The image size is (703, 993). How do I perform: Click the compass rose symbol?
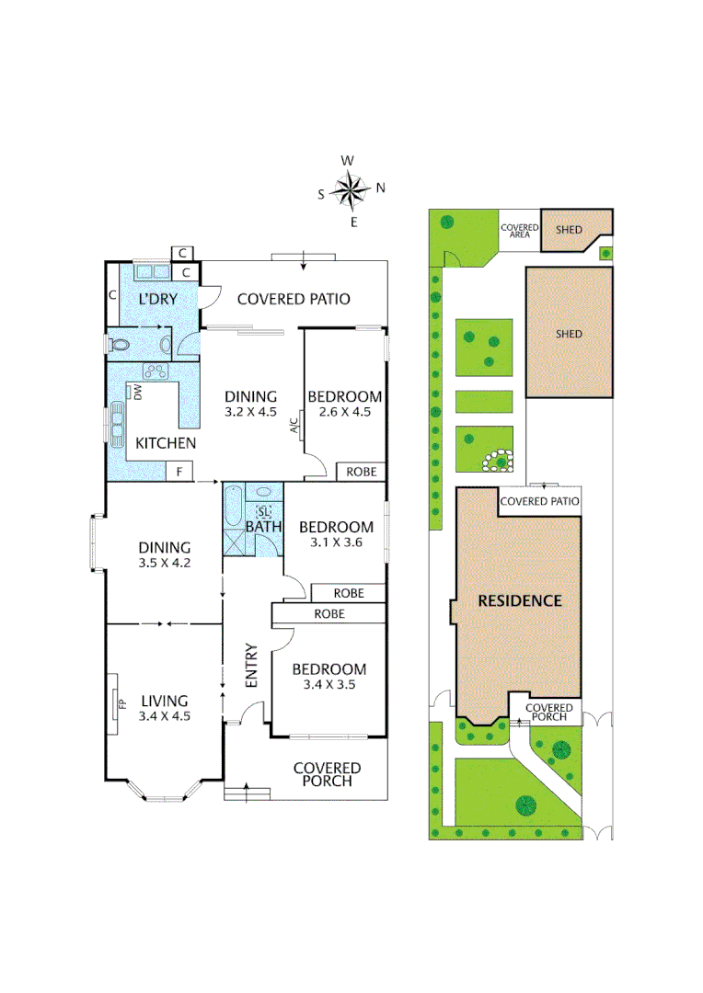coord(350,190)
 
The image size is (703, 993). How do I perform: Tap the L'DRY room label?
coord(156,300)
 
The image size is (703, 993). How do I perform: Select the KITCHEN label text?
coord(166,443)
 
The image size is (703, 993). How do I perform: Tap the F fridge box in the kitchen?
coord(179,472)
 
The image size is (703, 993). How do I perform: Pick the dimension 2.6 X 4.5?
coord(344,412)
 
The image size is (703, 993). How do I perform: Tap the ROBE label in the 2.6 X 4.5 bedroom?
coord(361,472)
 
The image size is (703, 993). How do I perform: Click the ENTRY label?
coord(250,664)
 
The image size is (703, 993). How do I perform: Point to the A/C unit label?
coord(294,425)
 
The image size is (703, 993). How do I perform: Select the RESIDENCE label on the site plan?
coord(519,601)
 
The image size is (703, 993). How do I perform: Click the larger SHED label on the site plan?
coord(569,334)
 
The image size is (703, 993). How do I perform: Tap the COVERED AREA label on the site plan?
coord(519,231)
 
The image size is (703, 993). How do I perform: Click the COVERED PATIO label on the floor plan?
coord(294,299)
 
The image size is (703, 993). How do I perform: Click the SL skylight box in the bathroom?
coord(264,511)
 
